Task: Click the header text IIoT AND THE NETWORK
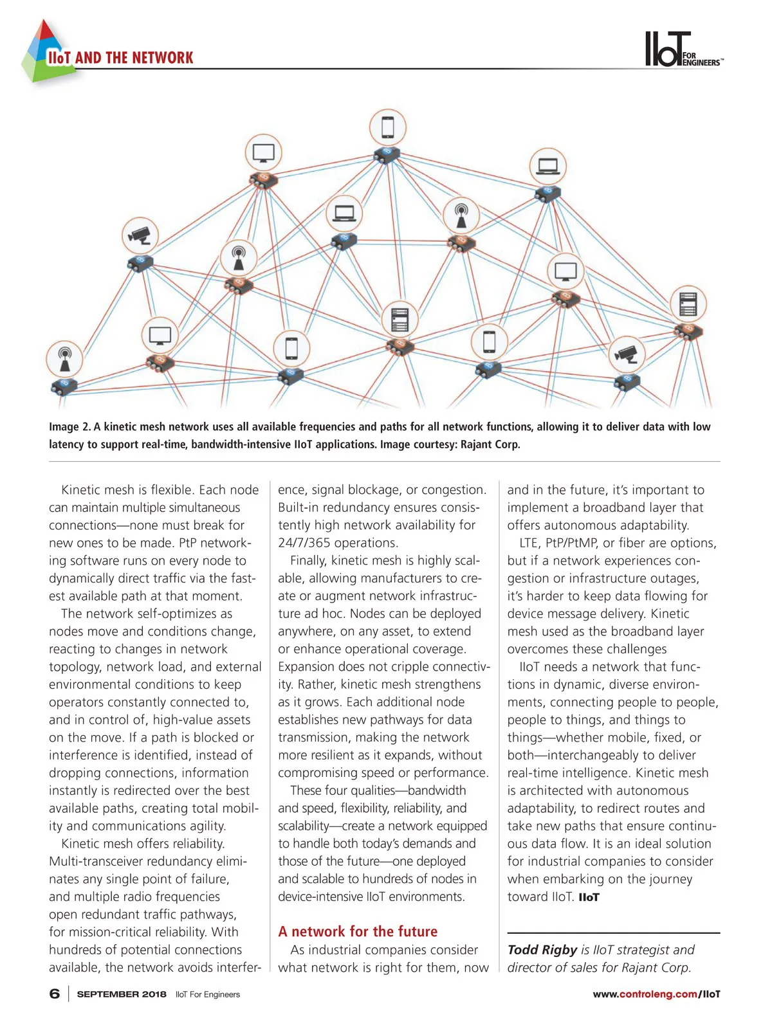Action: coord(120,58)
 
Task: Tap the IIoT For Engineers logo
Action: coord(682,50)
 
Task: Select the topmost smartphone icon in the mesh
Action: coord(388,127)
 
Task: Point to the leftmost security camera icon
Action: coord(140,235)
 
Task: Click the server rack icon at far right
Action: coord(688,304)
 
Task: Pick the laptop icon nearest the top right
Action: coord(547,166)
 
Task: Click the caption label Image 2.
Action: coord(69,427)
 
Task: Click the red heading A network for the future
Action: coord(358,931)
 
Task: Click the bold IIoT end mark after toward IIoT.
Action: coord(589,897)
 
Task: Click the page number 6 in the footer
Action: coord(55,994)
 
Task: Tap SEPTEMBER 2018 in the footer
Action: coord(122,994)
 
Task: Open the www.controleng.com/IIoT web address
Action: coord(656,994)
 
